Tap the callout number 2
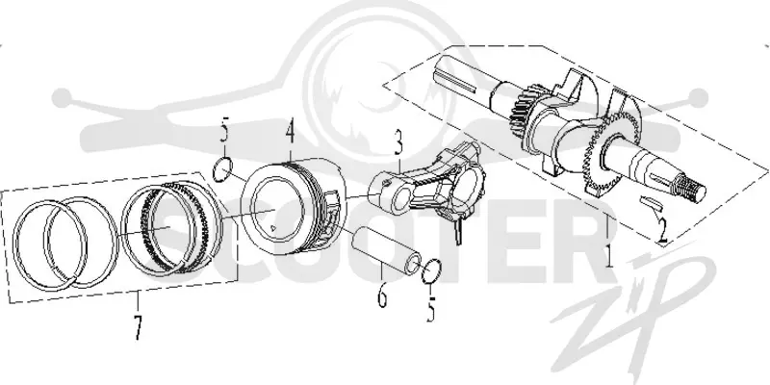coord(662,231)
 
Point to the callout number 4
coord(291,132)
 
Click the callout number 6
coord(382,295)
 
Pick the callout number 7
coord(138,327)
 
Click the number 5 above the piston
coord(224,133)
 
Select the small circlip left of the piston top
coord(222,169)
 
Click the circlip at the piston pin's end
coord(431,271)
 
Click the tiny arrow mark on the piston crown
coord(273,228)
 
